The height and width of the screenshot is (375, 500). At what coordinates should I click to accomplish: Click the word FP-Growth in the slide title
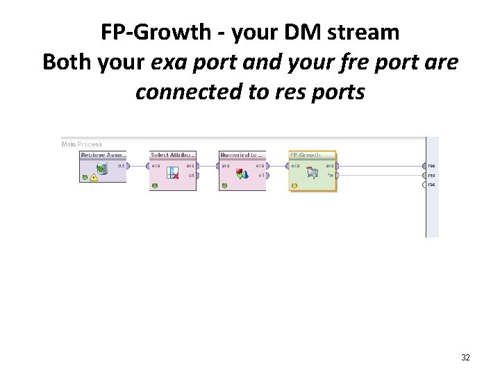click(153, 33)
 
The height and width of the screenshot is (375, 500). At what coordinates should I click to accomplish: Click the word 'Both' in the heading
click(67, 62)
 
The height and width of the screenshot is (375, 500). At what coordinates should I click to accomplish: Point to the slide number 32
click(465, 358)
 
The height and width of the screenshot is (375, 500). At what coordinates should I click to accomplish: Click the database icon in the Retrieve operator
click(102, 168)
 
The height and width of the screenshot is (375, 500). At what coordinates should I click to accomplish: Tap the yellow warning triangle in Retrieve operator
click(94, 177)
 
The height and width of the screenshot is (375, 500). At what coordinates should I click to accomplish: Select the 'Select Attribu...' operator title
click(172, 155)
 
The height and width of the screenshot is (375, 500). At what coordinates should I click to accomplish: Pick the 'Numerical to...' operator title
click(241, 155)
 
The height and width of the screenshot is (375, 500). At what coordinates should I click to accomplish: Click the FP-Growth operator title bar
click(311, 155)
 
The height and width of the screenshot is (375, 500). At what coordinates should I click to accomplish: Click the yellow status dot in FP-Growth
click(294, 185)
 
